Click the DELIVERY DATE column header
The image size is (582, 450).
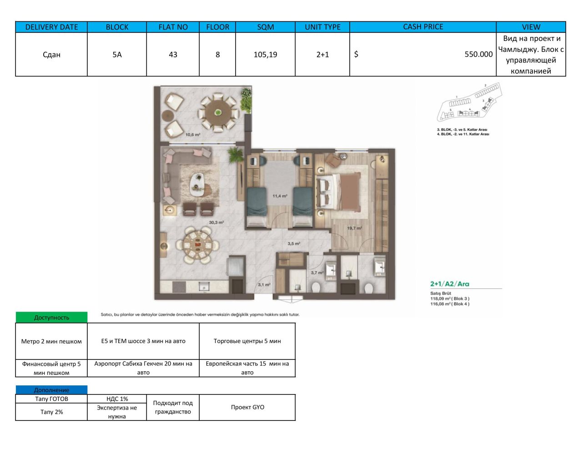(x=51, y=27)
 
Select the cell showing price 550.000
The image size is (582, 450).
(x=478, y=54)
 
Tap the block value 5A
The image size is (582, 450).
(x=117, y=55)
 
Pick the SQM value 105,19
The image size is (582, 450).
(x=265, y=55)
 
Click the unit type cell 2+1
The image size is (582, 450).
(x=322, y=55)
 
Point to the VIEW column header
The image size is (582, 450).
(x=531, y=27)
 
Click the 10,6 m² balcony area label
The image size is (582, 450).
(x=193, y=135)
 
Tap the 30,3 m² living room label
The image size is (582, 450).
(x=216, y=222)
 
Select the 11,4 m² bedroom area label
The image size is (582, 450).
(x=280, y=196)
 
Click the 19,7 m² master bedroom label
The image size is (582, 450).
(x=354, y=228)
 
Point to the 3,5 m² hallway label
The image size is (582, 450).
(x=294, y=243)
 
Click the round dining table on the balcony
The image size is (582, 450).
(x=218, y=112)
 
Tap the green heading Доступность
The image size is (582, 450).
(x=51, y=318)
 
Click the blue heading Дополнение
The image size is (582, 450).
(x=51, y=390)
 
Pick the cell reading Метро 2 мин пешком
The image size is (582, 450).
(x=51, y=341)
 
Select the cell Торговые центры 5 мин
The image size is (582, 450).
(x=247, y=341)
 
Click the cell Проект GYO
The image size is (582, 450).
(x=247, y=407)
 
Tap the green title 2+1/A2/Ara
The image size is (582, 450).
(x=450, y=284)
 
